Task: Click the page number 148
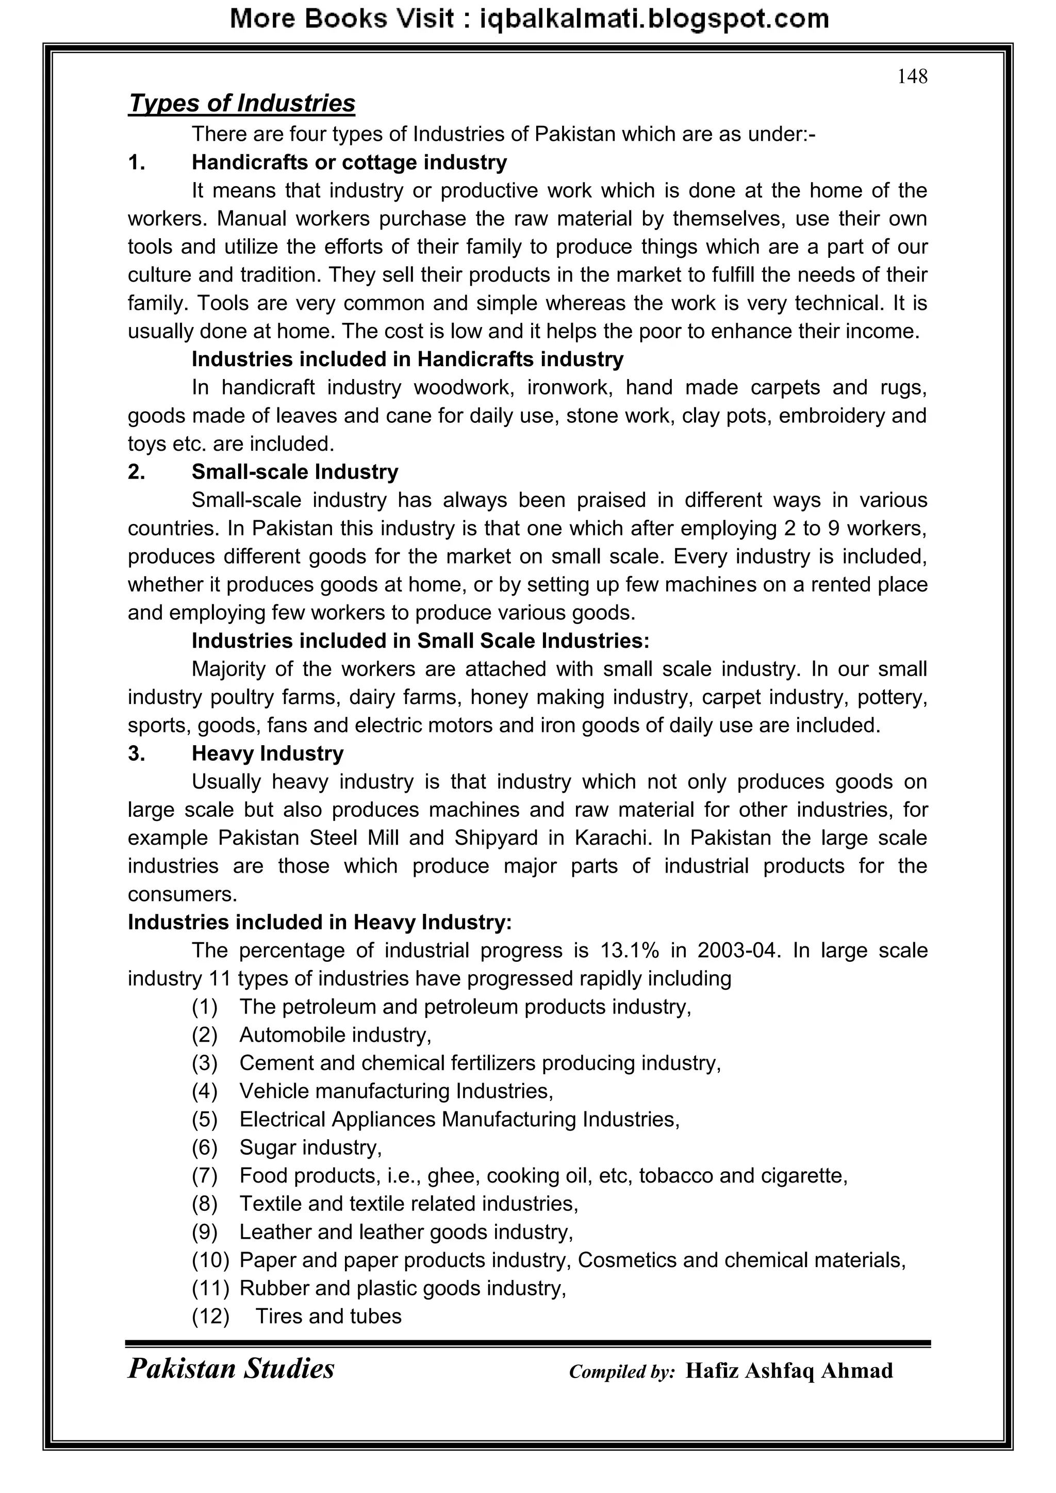point(912,77)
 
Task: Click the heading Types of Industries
point(241,103)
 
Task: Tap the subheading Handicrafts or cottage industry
point(349,162)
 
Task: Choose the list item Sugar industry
point(310,1147)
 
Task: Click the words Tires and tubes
point(328,1316)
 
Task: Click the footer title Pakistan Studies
point(231,1369)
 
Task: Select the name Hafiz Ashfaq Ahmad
point(789,1371)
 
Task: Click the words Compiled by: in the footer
point(622,1372)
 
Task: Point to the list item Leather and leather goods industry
point(406,1232)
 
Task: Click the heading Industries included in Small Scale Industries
point(420,641)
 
